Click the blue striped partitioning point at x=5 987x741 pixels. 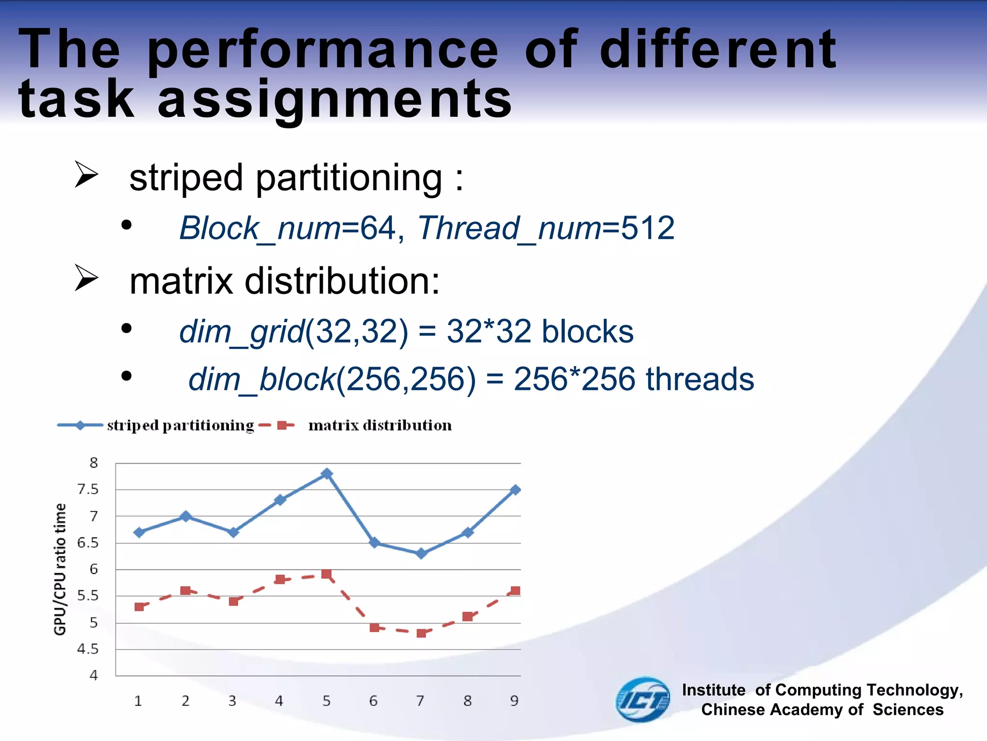(x=327, y=473)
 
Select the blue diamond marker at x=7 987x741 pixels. (x=421, y=553)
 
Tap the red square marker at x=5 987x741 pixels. (x=326, y=574)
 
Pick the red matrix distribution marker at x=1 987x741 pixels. (x=139, y=607)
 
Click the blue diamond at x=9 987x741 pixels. (x=515, y=490)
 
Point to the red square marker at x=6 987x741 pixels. (x=374, y=628)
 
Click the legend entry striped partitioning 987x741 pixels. (x=180, y=425)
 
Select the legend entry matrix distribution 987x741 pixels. (x=380, y=425)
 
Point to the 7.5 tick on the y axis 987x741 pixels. (x=88, y=490)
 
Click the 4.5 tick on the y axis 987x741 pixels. (x=88, y=649)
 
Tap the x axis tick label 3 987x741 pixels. (x=232, y=701)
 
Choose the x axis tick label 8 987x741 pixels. (x=467, y=701)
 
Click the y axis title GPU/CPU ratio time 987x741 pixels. (x=60, y=569)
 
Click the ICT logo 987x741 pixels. (x=643, y=700)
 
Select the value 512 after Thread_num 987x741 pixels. (x=647, y=228)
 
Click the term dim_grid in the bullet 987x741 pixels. (x=242, y=332)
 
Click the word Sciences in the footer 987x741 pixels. (x=908, y=710)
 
